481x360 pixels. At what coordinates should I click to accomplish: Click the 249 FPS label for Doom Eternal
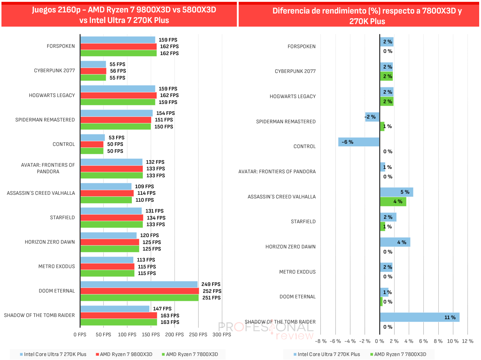[211, 284]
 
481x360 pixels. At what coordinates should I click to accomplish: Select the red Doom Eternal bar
[139, 291]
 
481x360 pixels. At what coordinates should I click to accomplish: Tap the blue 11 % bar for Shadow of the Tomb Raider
[420, 317]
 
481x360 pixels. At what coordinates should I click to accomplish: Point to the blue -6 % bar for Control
[359, 142]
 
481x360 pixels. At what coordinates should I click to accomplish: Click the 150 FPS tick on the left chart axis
[151, 334]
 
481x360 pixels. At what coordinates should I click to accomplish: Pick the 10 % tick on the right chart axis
[453, 341]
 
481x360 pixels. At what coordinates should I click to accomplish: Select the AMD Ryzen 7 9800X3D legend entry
[124, 354]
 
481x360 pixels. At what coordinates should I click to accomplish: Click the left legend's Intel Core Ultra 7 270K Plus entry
[53, 354]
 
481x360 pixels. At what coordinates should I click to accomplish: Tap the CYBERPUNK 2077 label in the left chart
[54, 70]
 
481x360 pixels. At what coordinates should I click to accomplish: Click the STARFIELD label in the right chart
[303, 221]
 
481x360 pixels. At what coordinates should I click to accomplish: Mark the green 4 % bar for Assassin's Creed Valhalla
[393, 201]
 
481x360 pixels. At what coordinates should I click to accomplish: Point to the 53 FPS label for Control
[116, 138]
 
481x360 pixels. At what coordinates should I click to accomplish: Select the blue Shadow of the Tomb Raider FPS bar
[115, 309]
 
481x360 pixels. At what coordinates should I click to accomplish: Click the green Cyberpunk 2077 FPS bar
[93, 78]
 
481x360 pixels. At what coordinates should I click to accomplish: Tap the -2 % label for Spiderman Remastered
[370, 117]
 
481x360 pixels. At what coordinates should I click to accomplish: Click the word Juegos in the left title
[45, 10]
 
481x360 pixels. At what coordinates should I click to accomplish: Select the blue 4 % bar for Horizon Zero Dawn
[395, 242]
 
